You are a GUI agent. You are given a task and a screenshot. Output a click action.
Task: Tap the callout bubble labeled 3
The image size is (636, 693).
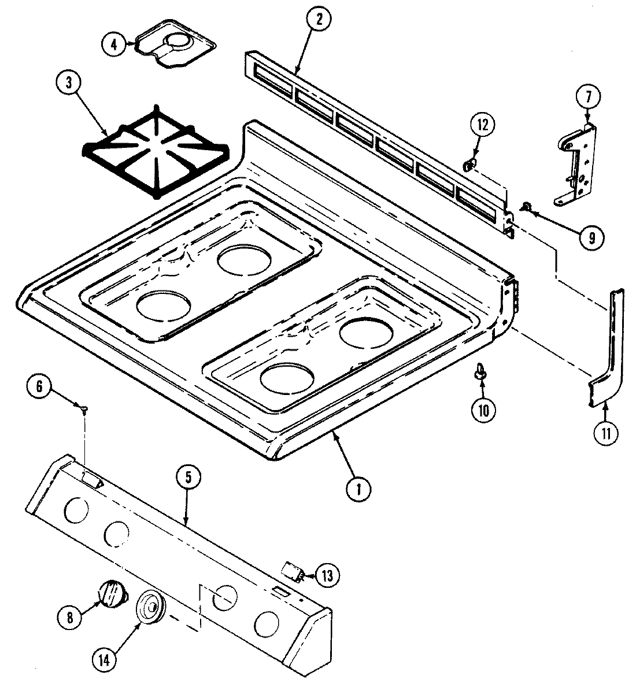[x=69, y=82]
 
